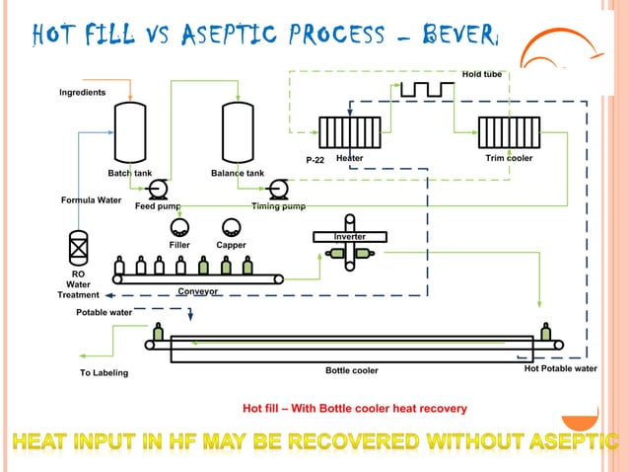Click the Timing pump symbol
(278, 190)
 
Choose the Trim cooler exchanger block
(504, 133)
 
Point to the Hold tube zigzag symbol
(427, 90)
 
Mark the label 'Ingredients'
(82, 93)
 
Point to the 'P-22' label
(314, 160)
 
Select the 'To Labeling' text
(104, 373)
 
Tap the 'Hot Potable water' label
(560, 368)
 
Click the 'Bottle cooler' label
(352, 371)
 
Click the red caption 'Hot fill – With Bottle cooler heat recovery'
(355, 408)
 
